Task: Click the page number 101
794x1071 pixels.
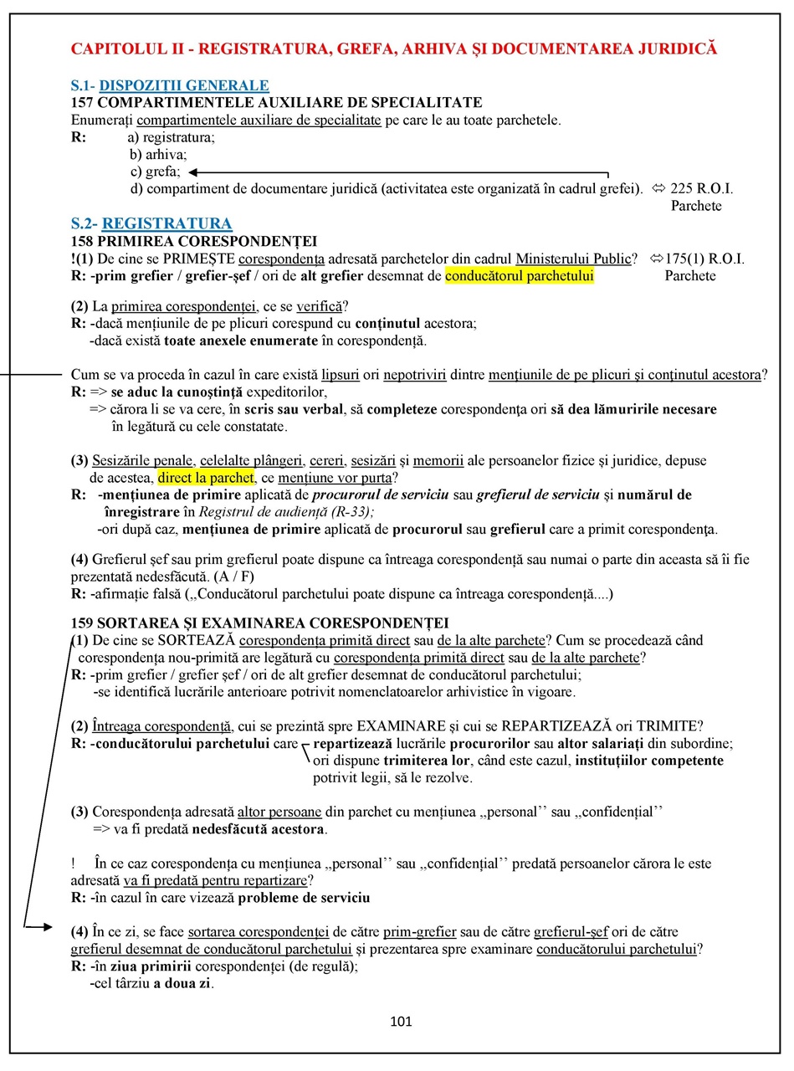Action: (x=402, y=1021)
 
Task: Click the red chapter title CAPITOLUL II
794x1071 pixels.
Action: (x=393, y=49)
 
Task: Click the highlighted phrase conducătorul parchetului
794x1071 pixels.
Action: (x=520, y=275)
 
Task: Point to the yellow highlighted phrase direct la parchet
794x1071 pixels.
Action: (x=205, y=478)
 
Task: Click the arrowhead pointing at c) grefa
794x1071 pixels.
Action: (x=193, y=172)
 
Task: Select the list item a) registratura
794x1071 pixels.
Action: (x=171, y=137)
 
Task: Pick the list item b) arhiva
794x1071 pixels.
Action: (x=158, y=154)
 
